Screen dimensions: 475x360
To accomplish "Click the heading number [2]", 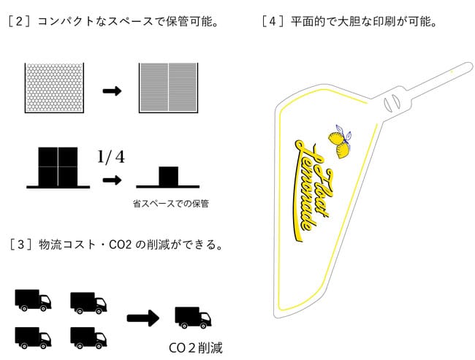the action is (x=20, y=21).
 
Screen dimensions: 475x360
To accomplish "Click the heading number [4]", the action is (x=273, y=21).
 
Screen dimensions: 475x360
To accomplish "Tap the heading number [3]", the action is (x=20, y=245).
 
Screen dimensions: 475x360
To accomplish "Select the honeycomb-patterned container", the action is (x=54, y=88).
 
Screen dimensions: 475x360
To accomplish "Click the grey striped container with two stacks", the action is (x=168, y=88).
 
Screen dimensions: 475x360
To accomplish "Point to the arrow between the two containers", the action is (x=112, y=91).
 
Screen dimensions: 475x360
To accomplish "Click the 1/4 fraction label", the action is (x=111, y=157).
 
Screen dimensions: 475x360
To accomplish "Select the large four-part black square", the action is (x=58, y=166).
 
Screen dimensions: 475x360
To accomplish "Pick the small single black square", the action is (x=168, y=176).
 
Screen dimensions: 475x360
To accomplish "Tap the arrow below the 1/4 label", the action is (x=112, y=180).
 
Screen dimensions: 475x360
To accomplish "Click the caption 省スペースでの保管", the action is (x=171, y=204).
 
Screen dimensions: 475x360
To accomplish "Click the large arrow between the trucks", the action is (x=143, y=318).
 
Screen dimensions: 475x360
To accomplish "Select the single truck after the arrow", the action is (x=193, y=318).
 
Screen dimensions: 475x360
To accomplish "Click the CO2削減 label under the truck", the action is (x=196, y=348).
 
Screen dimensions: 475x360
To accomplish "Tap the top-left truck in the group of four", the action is (x=33, y=300).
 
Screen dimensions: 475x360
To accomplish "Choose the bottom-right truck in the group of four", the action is (x=88, y=338).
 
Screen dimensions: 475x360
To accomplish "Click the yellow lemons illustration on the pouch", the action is (x=339, y=142).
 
